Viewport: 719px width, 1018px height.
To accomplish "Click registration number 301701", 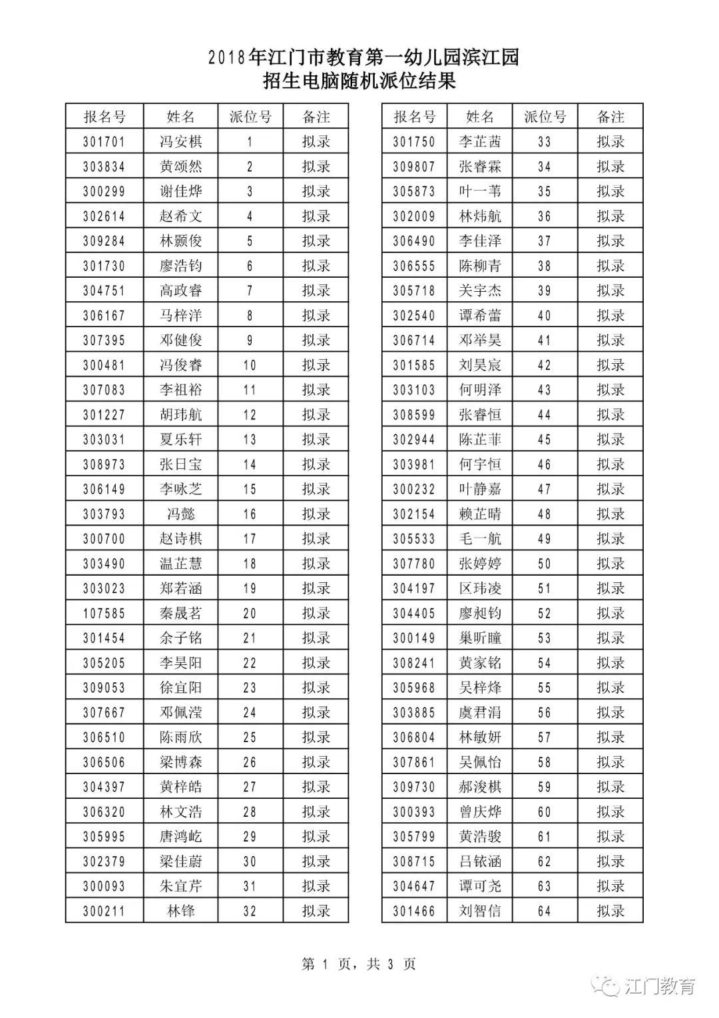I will [104, 142].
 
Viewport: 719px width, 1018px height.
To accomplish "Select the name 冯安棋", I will [180, 142].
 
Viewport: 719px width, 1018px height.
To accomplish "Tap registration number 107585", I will [104, 614].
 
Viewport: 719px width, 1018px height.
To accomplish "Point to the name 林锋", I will [180, 911].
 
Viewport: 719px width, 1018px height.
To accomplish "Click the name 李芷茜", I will [479, 142].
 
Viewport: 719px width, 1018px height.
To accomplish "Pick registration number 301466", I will [413, 911].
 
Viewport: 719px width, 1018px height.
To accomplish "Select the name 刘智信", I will [479, 911].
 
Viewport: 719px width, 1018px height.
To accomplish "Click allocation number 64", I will [544, 911].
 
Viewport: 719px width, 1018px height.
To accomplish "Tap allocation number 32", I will [250, 911].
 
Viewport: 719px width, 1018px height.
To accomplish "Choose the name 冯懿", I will [180, 514].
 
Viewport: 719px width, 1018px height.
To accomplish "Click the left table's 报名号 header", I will [104, 117].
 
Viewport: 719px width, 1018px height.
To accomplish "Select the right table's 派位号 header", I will [544, 117].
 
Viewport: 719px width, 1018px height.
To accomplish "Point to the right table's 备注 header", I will [610, 117].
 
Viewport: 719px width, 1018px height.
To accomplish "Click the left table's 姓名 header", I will [180, 117].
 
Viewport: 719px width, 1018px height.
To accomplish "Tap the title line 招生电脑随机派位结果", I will [359, 82].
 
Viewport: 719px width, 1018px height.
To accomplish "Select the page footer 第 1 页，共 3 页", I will [359, 964].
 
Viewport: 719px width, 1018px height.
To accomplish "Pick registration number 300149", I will [413, 638].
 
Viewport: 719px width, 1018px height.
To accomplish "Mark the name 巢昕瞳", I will [479, 638].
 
